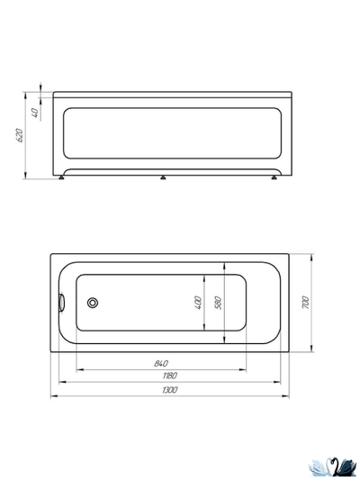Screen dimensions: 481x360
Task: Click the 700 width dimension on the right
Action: point(306,303)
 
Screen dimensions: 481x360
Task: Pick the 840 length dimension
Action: point(160,363)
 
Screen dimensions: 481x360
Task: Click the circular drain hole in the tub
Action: point(93,304)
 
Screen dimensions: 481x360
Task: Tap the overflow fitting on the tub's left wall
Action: point(61,303)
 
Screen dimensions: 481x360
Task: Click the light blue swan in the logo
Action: point(320,467)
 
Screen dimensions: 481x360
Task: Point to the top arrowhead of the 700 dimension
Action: point(311,255)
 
